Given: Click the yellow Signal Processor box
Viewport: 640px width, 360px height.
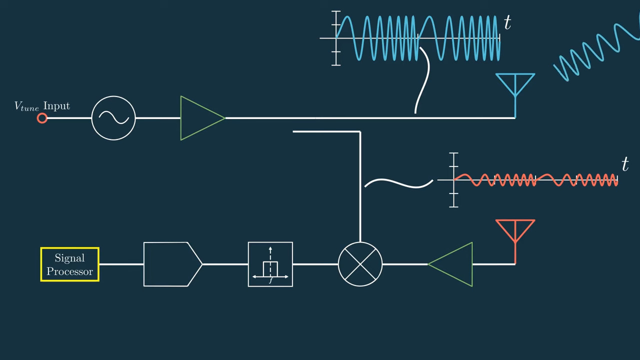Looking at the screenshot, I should (x=70, y=264).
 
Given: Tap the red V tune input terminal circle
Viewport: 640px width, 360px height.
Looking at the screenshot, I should (x=42, y=118).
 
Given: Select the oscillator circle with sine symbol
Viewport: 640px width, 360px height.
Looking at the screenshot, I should (x=113, y=118).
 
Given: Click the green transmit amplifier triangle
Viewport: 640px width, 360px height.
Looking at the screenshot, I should (x=200, y=118).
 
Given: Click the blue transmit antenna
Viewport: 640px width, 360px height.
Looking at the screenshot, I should (x=515, y=87).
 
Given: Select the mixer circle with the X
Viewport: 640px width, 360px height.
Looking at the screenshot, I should (x=360, y=264).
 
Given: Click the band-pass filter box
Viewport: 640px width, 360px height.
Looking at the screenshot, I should (x=270, y=264).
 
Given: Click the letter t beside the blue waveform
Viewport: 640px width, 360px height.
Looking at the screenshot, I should (x=507, y=23).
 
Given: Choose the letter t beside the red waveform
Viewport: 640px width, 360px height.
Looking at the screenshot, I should (x=624, y=164).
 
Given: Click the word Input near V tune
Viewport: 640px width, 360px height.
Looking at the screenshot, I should (x=56, y=106).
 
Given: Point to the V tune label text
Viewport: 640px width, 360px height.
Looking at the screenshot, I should (x=26, y=106).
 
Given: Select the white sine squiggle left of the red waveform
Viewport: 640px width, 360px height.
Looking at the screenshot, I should (x=398, y=183).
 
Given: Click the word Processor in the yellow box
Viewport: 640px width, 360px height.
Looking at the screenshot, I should (x=70, y=271).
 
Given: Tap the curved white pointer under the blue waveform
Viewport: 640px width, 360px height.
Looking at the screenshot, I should (x=423, y=80).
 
